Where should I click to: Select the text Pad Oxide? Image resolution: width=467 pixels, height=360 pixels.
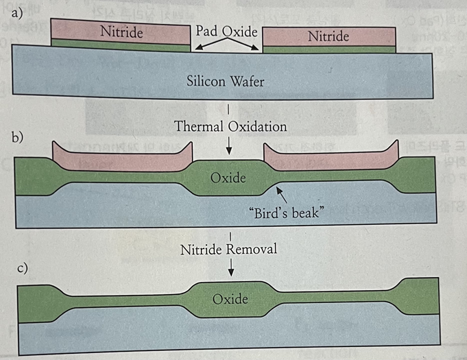coord(226,31)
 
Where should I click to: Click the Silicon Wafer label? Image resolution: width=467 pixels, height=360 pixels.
coord(226,81)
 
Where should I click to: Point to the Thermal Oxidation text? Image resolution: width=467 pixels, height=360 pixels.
coord(230,126)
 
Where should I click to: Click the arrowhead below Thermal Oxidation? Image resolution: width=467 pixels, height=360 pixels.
coord(230,152)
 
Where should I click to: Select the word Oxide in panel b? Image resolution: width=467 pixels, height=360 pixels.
coord(228,178)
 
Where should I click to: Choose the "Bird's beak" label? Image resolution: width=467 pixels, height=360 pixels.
coord(286,212)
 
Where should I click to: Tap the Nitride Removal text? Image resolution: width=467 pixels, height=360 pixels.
coord(228,249)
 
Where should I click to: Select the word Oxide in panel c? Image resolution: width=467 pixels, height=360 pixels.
coord(230,299)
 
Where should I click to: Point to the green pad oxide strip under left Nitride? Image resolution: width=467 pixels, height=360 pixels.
coord(120,43)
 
